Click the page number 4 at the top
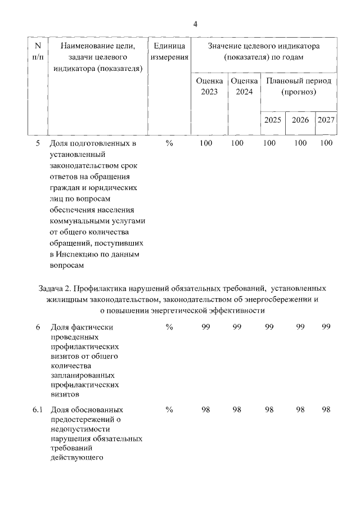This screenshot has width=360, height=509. click(x=195, y=24)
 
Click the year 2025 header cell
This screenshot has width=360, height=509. click(x=273, y=120)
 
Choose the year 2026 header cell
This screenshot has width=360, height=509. click(x=300, y=120)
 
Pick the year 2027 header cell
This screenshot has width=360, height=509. click(x=326, y=120)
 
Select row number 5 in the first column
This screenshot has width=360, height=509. click(x=38, y=143)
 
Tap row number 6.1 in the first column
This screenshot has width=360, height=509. click(x=38, y=409)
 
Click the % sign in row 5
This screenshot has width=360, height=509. click(x=169, y=143)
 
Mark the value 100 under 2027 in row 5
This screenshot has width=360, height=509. click(x=326, y=143)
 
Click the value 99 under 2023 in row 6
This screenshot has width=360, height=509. click(x=206, y=328)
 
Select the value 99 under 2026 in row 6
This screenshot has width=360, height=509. click(x=300, y=328)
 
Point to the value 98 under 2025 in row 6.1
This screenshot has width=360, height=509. click(x=269, y=409)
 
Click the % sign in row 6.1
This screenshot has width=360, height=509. click(x=169, y=409)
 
